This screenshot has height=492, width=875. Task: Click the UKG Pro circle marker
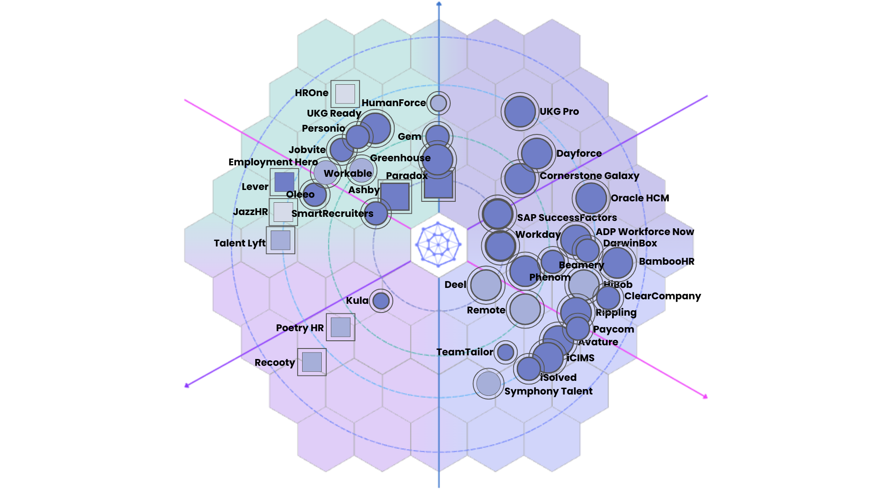[x=520, y=112]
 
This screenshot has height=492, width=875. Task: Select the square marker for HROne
[x=345, y=94]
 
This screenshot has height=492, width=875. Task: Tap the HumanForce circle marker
[x=438, y=103]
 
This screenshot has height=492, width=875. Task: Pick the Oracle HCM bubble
[x=591, y=198]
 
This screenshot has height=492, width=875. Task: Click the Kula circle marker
[x=381, y=301]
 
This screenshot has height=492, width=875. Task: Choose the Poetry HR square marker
[x=340, y=327]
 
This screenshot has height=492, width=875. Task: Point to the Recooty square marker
[x=312, y=362]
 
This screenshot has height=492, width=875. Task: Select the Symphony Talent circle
[x=489, y=384]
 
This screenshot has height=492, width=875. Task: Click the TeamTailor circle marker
[x=505, y=352]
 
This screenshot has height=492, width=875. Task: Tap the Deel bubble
[x=486, y=285]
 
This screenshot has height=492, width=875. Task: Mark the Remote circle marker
[x=525, y=309]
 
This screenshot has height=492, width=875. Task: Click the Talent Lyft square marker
[x=280, y=240]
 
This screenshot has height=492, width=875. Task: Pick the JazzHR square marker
[x=283, y=212]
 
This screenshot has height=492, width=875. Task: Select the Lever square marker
[x=284, y=182]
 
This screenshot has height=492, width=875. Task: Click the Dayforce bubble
[x=537, y=154]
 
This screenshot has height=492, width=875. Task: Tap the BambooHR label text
[x=666, y=261]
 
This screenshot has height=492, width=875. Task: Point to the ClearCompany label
[x=662, y=296]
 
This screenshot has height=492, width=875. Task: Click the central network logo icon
[x=438, y=245]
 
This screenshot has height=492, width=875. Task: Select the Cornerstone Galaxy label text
[x=589, y=176]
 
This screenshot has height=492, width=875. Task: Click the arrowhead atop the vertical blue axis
[x=439, y=4]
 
